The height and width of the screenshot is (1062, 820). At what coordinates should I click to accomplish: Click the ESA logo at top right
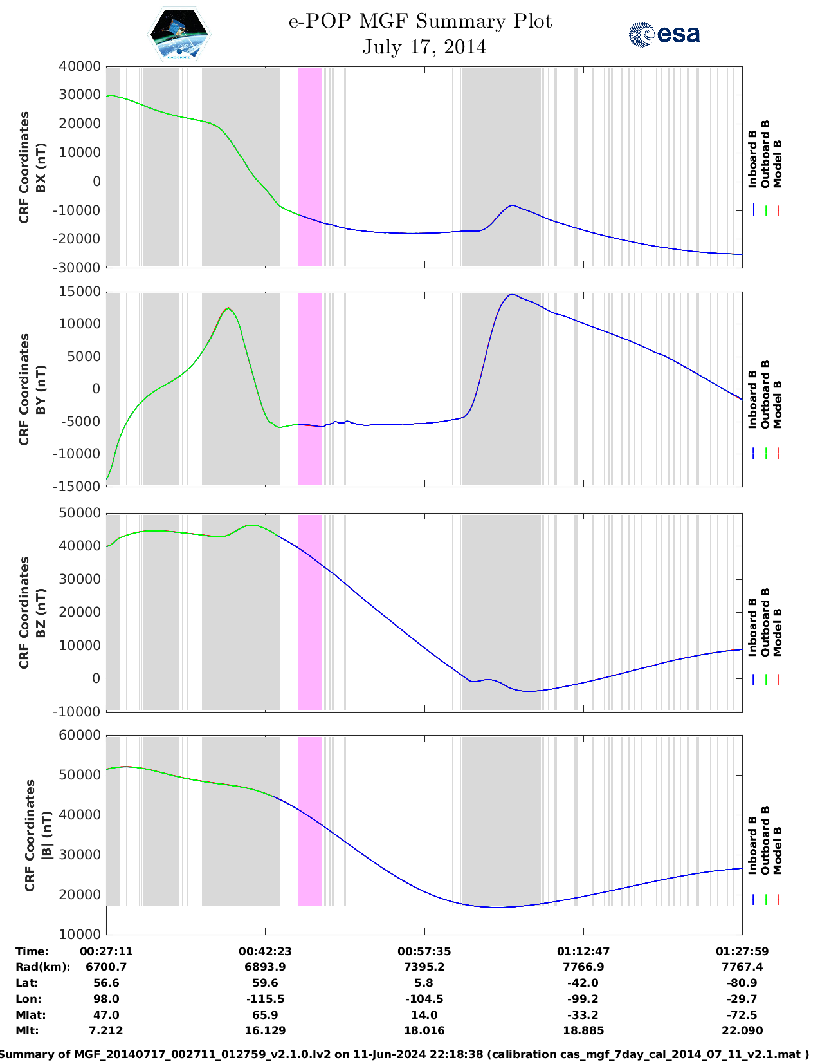(664, 34)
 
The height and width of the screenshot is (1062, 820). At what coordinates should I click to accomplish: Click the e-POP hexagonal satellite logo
(179, 34)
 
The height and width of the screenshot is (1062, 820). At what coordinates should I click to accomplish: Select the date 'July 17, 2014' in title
(424, 47)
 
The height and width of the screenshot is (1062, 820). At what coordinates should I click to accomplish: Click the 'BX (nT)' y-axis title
(41, 167)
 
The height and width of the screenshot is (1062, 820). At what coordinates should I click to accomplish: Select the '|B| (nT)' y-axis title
(46, 835)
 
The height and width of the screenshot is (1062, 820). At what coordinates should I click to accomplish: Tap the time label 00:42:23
(265, 951)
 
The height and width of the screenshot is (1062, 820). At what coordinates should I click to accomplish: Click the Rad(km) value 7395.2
(424, 967)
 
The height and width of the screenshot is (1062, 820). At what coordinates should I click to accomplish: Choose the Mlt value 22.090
(742, 1030)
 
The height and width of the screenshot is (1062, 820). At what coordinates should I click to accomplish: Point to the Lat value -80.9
(742, 983)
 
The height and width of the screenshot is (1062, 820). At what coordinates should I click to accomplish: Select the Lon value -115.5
(265, 999)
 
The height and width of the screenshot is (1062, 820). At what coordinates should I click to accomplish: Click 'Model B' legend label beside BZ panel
(778, 632)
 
